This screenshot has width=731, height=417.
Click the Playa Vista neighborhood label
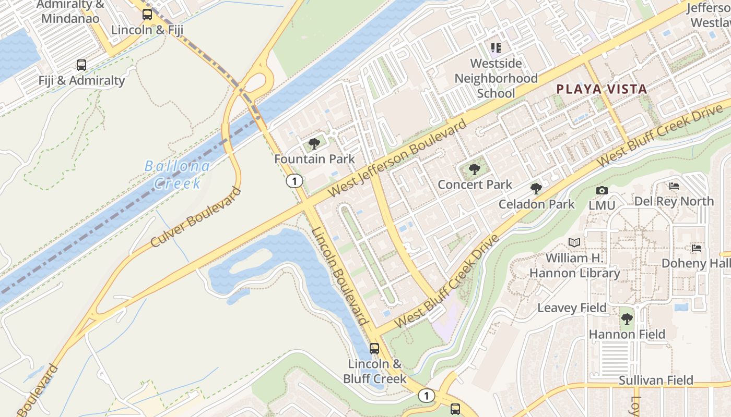(x=602, y=89)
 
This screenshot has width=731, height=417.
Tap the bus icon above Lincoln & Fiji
(x=147, y=15)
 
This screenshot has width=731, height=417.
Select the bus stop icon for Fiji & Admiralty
(x=81, y=65)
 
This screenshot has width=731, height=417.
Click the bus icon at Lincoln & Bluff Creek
(x=374, y=348)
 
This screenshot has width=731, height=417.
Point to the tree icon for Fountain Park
(x=314, y=144)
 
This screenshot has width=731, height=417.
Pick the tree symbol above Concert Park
(x=474, y=169)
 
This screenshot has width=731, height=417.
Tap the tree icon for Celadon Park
(x=536, y=189)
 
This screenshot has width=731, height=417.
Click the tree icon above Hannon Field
(x=627, y=318)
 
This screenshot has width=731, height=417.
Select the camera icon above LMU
(x=602, y=190)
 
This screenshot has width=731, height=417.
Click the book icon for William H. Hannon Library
(x=574, y=242)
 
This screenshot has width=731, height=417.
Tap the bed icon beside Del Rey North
(x=674, y=186)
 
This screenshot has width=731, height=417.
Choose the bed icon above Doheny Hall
(x=697, y=248)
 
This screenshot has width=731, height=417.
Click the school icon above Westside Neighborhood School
(x=496, y=48)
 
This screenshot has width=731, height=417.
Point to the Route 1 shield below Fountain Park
(x=294, y=181)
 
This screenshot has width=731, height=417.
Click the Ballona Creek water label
(x=178, y=175)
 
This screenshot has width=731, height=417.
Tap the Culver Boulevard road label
(x=196, y=217)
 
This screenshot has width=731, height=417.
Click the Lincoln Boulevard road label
(x=340, y=276)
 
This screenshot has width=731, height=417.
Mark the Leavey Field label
(x=572, y=308)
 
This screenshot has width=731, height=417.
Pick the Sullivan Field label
(x=656, y=381)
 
